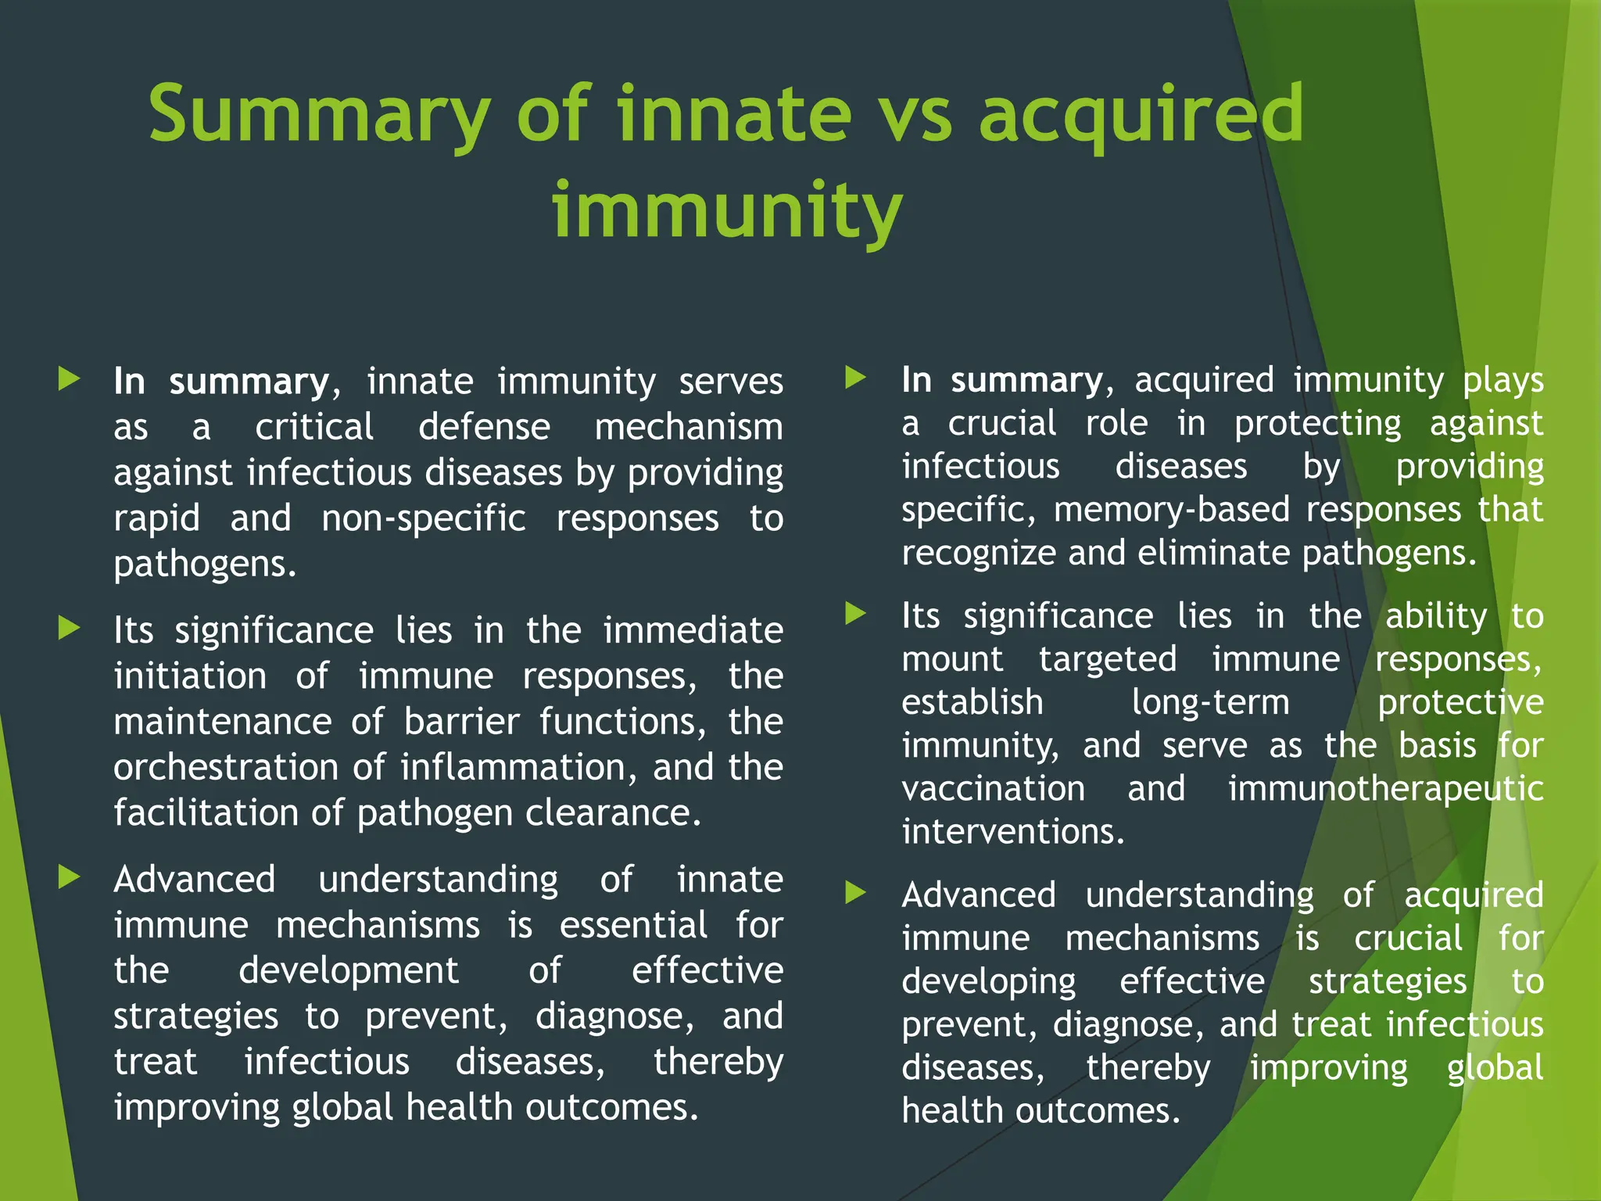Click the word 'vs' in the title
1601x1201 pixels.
[x=913, y=115]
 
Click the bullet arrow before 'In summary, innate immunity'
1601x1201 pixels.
[x=70, y=380]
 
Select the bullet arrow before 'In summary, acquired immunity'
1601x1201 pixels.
[x=856, y=378]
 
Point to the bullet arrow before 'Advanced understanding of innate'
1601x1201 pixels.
[x=70, y=877]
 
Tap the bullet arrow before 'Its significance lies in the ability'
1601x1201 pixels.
[x=856, y=614]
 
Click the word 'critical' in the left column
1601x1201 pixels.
[x=314, y=427]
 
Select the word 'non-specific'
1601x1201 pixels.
[x=424, y=518]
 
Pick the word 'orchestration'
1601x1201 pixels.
[x=225, y=767]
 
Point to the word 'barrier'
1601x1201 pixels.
[x=461, y=721]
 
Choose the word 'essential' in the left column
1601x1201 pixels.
[x=633, y=925]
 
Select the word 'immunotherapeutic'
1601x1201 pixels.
[x=1385, y=788]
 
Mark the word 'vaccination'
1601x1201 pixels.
[x=993, y=788]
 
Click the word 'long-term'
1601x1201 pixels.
[x=1210, y=702]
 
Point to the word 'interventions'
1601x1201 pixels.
[x=1012, y=831]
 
